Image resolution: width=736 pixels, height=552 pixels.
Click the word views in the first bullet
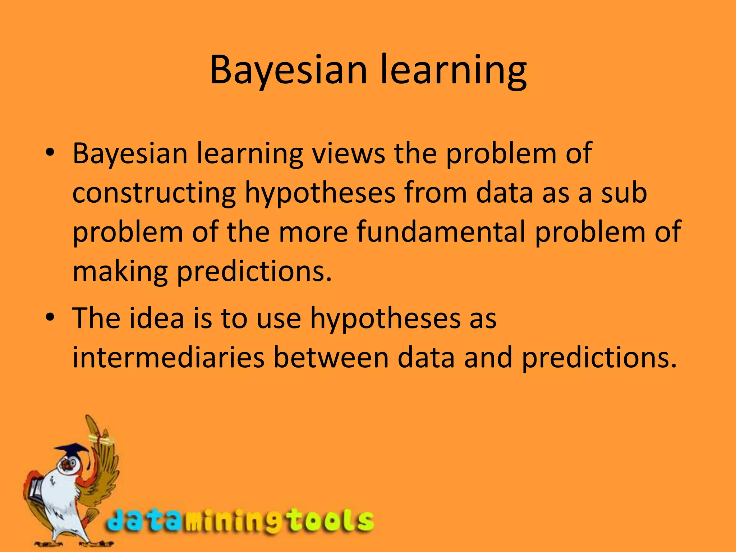coord(348,153)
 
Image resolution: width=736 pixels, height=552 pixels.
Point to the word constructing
coord(154,193)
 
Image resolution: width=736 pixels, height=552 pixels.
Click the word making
coord(120,272)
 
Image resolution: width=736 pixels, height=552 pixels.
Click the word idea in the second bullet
coord(157,318)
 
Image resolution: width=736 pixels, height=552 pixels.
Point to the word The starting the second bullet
coord(96,318)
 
